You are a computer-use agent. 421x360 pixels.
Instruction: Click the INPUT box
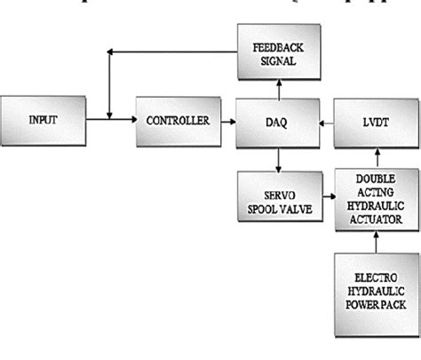(x=43, y=118)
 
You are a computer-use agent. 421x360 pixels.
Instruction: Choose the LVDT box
(x=370, y=118)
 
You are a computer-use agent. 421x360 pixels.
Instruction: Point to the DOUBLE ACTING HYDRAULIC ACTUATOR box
(x=370, y=199)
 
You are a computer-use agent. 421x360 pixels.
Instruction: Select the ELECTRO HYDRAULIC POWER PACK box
(x=370, y=285)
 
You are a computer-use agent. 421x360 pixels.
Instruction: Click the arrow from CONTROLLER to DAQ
(x=226, y=118)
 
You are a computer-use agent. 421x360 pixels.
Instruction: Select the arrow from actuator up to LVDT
(x=370, y=155)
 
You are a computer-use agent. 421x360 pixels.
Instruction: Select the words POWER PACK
(x=370, y=300)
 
